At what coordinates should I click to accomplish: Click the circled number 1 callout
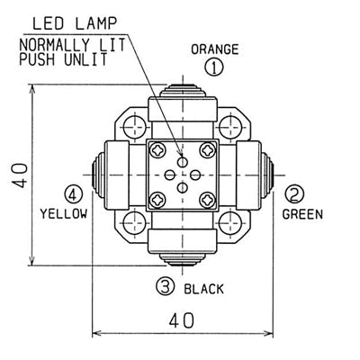coord(214,67)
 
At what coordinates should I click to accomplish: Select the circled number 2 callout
coord(294,194)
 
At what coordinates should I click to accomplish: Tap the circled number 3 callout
coord(166,286)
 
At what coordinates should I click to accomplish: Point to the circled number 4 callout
coord(73,194)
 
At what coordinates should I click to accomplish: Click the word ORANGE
coord(215,49)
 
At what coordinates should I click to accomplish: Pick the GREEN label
coord(302,214)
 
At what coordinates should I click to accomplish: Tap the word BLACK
coord(203,289)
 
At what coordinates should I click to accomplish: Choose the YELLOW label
coord(64,213)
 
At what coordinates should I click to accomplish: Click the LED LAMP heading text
coord(75,23)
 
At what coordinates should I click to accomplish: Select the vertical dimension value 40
coord(21,175)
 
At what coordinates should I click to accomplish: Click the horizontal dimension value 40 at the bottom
coord(181,320)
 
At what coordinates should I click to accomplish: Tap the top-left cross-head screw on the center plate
coord(157,148)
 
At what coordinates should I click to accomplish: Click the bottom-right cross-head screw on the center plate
coord(208,200)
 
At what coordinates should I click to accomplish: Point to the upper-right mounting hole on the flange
coord(230,127)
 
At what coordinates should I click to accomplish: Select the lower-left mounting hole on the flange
coord(134,223)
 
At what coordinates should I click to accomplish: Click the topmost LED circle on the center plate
coord(183,162)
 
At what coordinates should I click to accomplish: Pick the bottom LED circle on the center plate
coord(183,188)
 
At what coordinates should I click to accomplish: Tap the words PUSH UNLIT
coord(63,59)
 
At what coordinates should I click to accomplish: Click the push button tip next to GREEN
coord(267,175)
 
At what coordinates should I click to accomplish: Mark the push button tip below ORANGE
coord(182,90)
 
